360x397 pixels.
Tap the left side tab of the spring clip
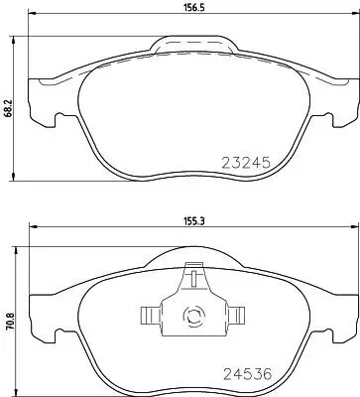[x=146, y=316]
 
